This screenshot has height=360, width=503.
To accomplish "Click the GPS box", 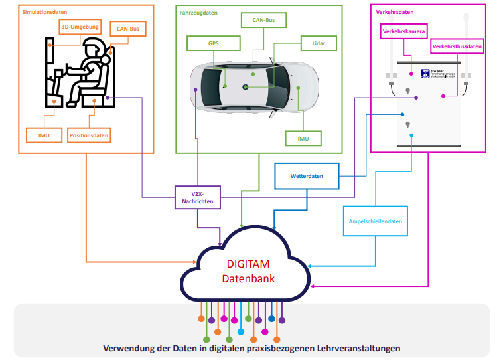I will pyautogui.click(x=213, y=44).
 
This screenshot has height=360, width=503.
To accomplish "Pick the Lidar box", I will pyautogui.click(x=318, y=44).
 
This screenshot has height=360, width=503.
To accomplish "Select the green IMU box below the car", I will pyautogui.click(x=303, y=138).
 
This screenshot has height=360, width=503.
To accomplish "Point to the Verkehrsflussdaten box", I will pyautogui.click(x=457, y=46).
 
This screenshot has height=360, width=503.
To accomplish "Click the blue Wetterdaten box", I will pyautogui.click(x=307, y=177).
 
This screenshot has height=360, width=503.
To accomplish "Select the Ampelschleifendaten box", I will pyautogui.click(x=375, y=222).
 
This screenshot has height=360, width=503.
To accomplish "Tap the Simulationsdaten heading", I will pyautogui.click(x=44, y=13).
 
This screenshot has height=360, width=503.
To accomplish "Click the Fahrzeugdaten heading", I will pyautogui.click(x=198, y=13).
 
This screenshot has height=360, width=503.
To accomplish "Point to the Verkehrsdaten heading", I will pyautogui.click(x=395, y=13).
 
